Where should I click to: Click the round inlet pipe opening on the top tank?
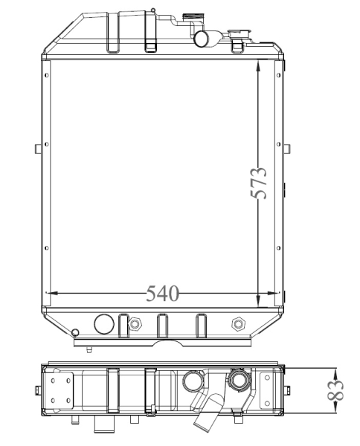[x=200, y=39]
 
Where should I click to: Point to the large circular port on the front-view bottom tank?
[x=103, y=323]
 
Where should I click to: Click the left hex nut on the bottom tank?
[x=135, y=324]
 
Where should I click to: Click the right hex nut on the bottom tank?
[x=239, y=323]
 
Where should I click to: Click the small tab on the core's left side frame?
[x=39, y=147]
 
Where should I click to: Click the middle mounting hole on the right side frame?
[x=278, y=143]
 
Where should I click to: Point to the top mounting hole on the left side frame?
[x=47, y=74]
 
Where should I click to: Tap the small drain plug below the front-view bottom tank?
[x=89, y=349]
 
